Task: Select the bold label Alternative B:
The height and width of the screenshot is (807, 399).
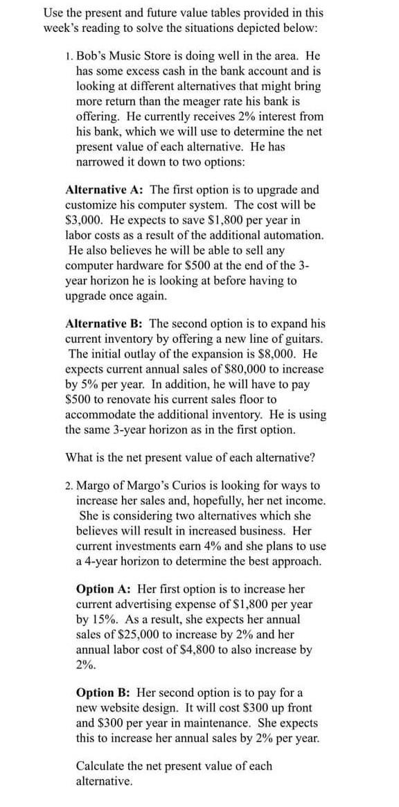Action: click(105, 323)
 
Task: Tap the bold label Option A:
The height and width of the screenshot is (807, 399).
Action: click(105, 589)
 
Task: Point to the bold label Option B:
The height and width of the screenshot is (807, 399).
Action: click(105, 692)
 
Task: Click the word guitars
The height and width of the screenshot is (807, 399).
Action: click(305, 339)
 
